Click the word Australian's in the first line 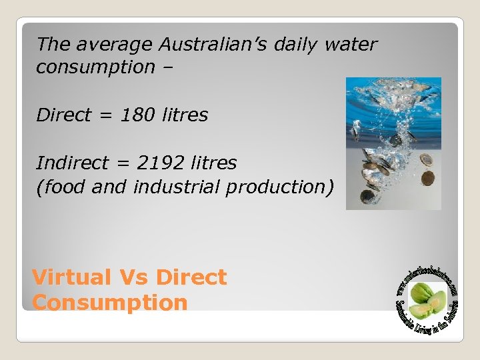(x=209, y=45)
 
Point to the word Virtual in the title (x=72, y=277)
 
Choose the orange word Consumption (x=110, y=303)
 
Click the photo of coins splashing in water (x=393, y=143)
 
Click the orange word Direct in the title (x=192, y=277)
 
